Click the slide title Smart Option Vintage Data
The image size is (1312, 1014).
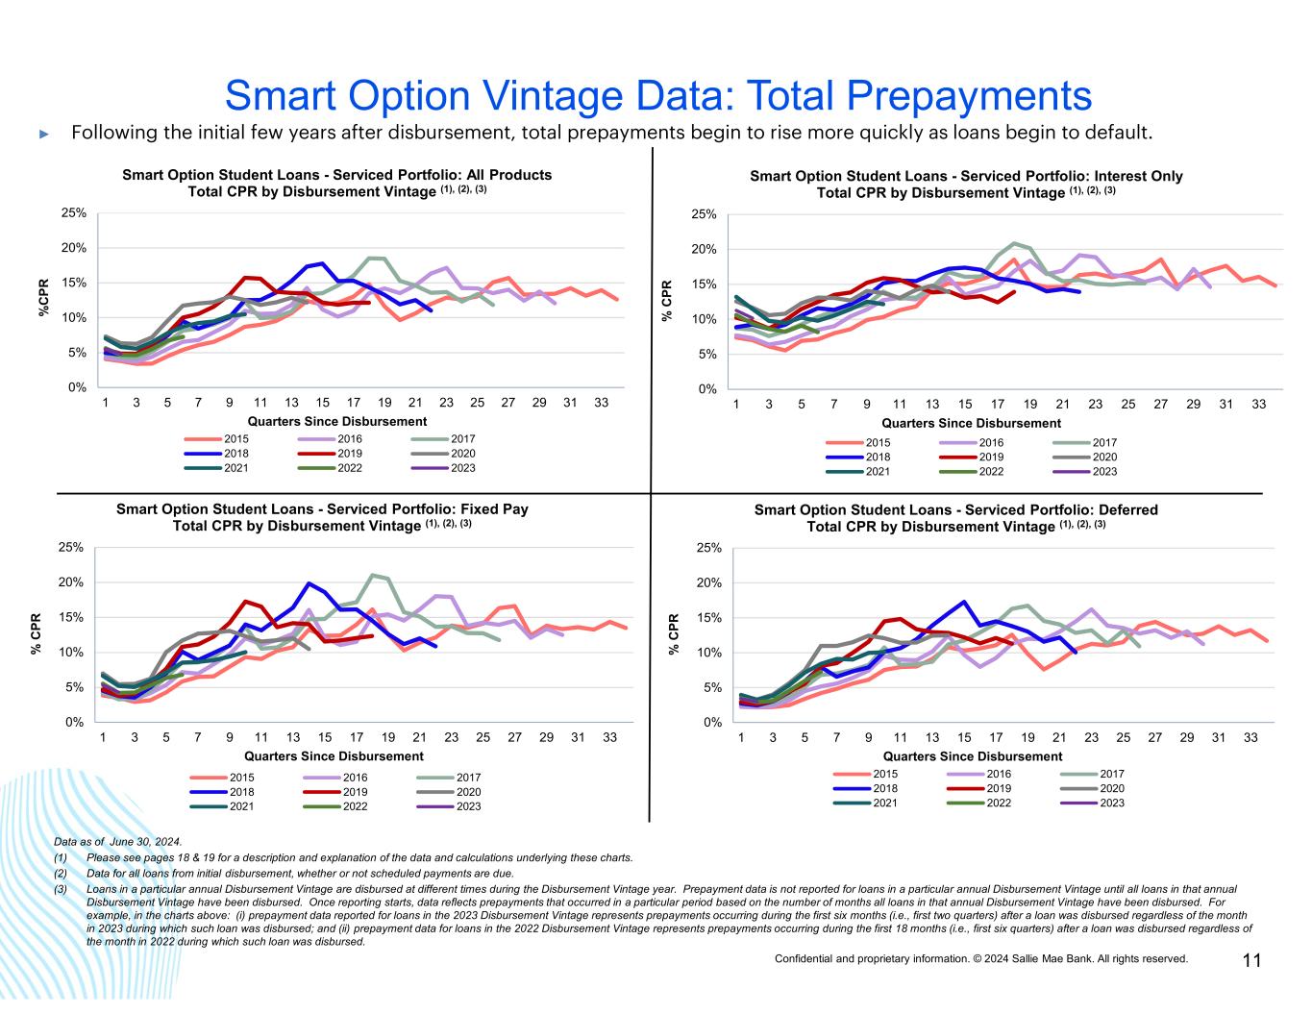pos(657,96)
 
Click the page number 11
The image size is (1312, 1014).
pos(1251,960)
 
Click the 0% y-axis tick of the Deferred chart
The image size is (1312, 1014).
pos(712,722)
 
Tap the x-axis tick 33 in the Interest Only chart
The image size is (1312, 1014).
pos(1258,405)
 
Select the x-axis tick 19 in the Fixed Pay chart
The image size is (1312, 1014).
pos(388,737)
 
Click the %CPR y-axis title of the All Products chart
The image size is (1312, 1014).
pos(43,298)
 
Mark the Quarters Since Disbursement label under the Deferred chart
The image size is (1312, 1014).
pos(973,756)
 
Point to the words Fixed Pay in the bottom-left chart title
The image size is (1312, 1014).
pos(489,509)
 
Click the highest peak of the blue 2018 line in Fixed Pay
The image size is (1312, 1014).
pos(309,583)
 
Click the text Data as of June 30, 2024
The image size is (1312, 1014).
pos(117,841)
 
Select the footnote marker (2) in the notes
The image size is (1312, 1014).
pos(61,874)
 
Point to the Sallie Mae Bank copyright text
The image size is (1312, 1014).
pos(980,958)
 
